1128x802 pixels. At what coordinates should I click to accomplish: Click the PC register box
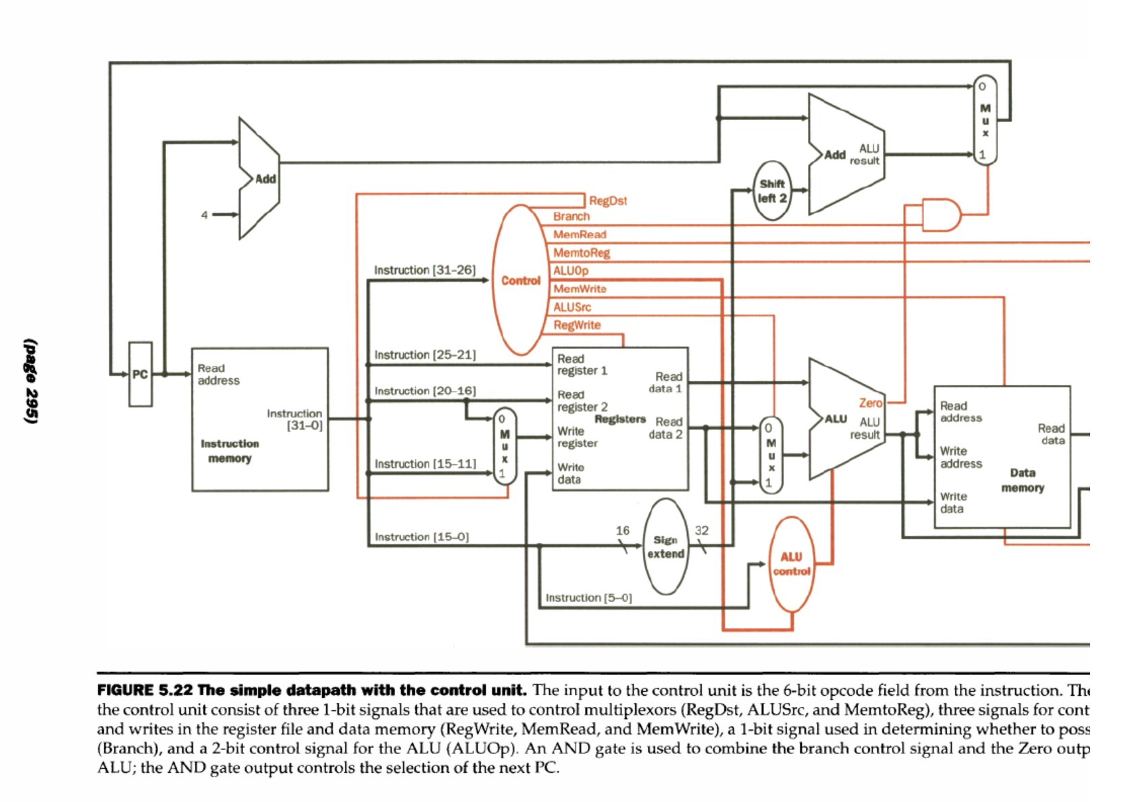point(140,374)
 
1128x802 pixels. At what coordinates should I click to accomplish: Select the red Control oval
point(520,280)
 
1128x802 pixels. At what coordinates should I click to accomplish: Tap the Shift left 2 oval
point(772,190)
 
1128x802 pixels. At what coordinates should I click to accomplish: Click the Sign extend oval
point(666,547)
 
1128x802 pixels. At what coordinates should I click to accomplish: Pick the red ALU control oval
point(792,564)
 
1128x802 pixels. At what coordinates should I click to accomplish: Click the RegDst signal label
point(608,200)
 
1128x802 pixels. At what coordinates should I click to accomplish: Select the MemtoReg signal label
point(582,252)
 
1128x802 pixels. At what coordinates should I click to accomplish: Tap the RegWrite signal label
point(577,325)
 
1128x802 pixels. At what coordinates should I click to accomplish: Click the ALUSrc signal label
point(572,306)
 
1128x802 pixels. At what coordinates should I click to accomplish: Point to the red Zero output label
point(871,402)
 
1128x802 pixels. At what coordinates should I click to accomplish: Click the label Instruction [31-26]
point(425,270)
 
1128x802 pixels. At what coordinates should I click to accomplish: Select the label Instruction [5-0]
point(588,597)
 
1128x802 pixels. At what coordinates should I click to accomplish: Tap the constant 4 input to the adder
point(204,215)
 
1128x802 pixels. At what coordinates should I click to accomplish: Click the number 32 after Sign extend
point(702,530)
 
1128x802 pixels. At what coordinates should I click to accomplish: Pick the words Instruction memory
point(230,451)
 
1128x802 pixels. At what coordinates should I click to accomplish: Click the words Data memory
point(1023,480)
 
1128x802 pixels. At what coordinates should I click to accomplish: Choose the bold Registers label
point(620,419)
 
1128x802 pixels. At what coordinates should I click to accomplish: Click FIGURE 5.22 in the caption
point(145,690)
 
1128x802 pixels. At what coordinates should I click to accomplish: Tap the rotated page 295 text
point(31,381)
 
